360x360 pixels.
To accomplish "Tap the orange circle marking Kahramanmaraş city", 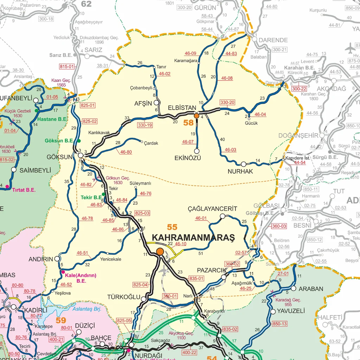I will tap(160, 251).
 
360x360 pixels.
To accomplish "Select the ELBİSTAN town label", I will tap(182, 108).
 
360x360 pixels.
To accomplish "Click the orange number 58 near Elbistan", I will tap(189, 123).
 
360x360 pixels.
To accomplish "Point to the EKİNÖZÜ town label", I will tap(187, 158).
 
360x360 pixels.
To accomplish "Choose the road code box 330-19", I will tap(145, 125).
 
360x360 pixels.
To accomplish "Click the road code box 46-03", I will tap(230, 150).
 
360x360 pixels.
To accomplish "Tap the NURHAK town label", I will tap(240, 172).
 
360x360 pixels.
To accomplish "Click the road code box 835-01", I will tap(197, 278).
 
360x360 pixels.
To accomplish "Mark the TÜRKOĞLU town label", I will tap(124, 297).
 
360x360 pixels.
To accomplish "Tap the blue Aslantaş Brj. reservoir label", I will tap(87, 309).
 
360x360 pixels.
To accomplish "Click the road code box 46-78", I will tap(87, 218).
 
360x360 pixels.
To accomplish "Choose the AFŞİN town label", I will tap(143, 103).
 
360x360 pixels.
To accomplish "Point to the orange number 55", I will tap(172, 227).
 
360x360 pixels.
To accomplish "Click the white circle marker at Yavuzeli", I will tap(273, 311).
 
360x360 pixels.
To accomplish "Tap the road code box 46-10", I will tap(180, 244).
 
